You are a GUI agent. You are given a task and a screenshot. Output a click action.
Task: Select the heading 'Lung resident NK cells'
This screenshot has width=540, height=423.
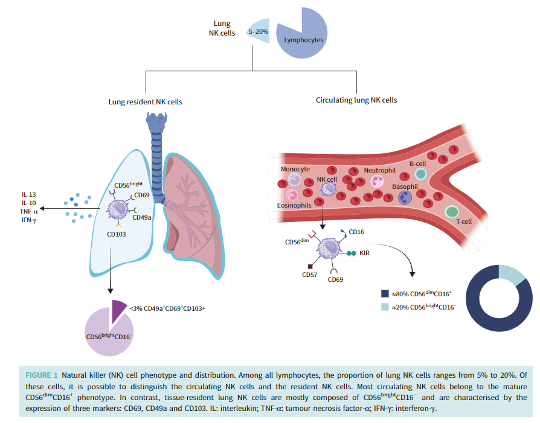click(145, 102)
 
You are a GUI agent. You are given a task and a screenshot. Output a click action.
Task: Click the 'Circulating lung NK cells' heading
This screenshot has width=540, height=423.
click(356, 100)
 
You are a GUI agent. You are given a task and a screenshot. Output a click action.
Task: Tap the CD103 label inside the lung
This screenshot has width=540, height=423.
click(116, 234)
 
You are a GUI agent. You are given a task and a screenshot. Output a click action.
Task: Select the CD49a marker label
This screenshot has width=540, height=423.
click(141, 218)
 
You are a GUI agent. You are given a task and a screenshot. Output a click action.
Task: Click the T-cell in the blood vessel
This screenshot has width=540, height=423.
click(451, 212)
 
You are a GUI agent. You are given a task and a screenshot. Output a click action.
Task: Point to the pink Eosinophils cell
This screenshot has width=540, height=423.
click(292, 194)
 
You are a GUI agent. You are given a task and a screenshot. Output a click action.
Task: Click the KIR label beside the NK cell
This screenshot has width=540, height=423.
click(364, 253)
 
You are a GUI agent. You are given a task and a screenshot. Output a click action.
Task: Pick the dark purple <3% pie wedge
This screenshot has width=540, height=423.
click(118, 308)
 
